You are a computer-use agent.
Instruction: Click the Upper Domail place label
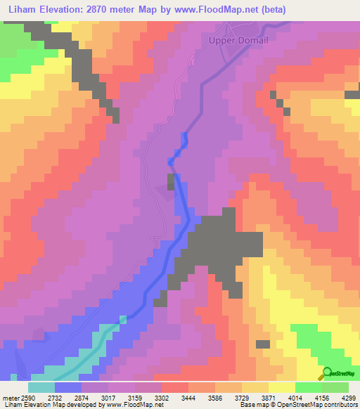pos(238,41)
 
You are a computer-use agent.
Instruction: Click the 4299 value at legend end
pos(349,397)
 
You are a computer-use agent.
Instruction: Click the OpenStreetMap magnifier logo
pos(326,373)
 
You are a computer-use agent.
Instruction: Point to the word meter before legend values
pos(11,397)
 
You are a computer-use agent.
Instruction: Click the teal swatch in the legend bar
pos(41,387)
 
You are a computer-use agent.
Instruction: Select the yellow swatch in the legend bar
pos(282,387)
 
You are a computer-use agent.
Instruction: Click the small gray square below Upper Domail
pos(171,183)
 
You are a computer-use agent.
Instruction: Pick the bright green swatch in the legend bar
pos(309,387)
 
